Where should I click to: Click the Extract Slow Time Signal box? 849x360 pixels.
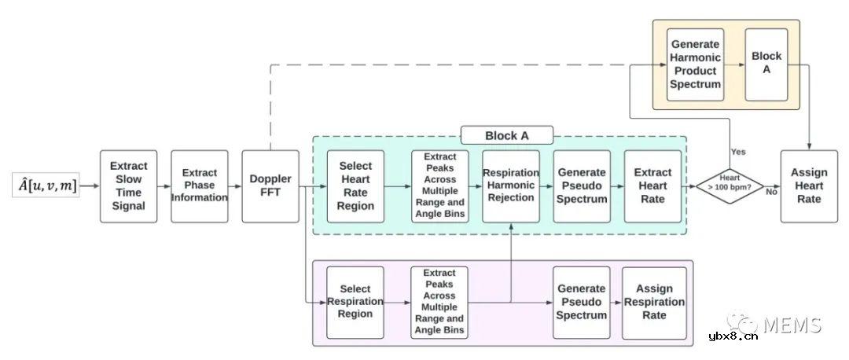128,186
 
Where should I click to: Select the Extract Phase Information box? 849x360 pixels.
200,186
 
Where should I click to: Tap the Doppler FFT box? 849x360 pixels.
270,186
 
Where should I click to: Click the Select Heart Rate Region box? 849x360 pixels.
355,186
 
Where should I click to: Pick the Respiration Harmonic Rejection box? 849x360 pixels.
511,186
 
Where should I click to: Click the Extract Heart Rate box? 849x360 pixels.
652,186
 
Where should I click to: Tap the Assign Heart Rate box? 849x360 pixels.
809,186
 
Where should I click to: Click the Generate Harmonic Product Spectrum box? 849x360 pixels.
695,64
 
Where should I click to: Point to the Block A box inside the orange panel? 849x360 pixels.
766,64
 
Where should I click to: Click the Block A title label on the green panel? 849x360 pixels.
506,135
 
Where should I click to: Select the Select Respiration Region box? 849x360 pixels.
355,303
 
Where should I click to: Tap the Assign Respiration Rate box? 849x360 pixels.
654,303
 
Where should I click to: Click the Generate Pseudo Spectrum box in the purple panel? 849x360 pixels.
582,303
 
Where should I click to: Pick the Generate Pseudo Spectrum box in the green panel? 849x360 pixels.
582,186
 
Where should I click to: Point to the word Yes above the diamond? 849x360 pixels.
738,151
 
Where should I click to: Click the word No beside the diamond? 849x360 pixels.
772,191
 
